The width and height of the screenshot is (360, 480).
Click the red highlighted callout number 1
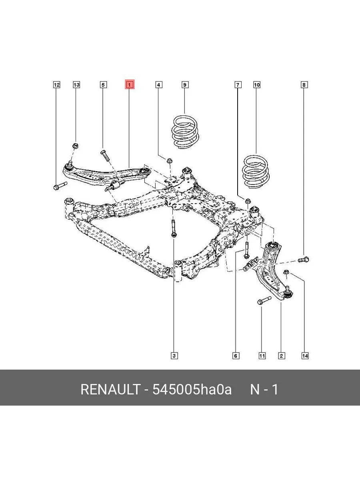(x=129, y=85)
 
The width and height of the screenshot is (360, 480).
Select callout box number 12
(x=56, y=85)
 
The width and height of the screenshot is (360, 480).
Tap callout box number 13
(x=76, y=85)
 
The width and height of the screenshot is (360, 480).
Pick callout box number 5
(x=103, y=85)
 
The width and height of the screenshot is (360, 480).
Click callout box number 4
(x=159, y=85)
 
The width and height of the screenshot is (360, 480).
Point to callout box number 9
(x=185, y=85)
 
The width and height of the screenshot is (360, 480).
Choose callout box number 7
(x=238, y=85)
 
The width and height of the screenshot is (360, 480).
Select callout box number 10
(x=257, y=85)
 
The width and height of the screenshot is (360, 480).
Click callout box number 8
(x=304, y=85)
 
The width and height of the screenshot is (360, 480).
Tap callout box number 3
(x=174, y=355)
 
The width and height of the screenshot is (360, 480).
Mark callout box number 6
(x=236, y=356)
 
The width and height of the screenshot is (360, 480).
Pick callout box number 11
(x=262, y=356)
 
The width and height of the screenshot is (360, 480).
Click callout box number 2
(x=282, y=356)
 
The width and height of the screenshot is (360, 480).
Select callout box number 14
(x=305, y=356)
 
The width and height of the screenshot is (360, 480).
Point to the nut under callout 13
(x=76, y=145)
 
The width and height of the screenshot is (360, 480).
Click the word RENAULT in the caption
(x=110, y=389)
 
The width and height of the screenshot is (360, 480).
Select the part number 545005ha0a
(x=192, y=389)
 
